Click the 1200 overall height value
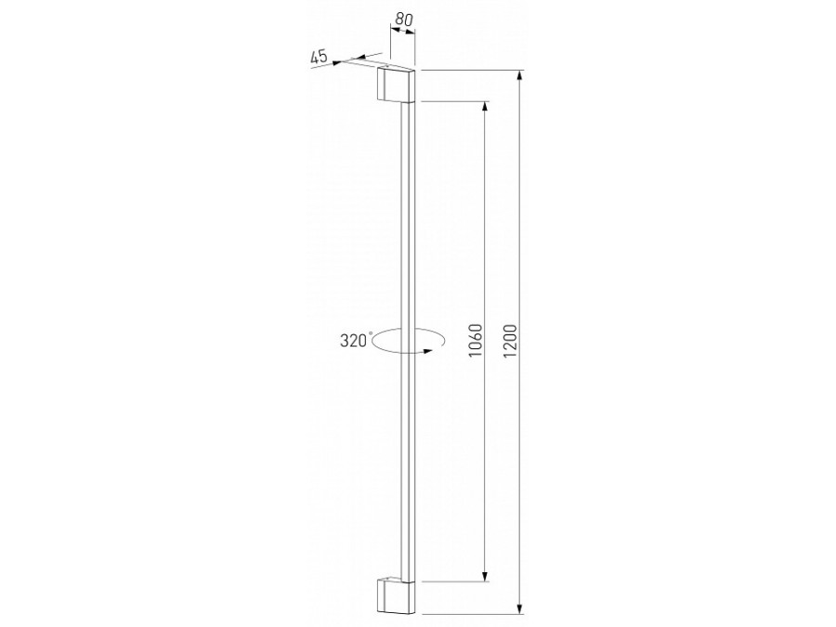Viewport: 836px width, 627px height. tap(510, 342)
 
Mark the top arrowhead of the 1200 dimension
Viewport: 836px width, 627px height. tap(519, 75)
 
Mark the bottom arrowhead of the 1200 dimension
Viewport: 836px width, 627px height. tap(519, 607)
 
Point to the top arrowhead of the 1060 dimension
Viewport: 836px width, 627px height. tap(484, 105)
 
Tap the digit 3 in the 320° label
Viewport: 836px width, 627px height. tap(345, 340)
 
